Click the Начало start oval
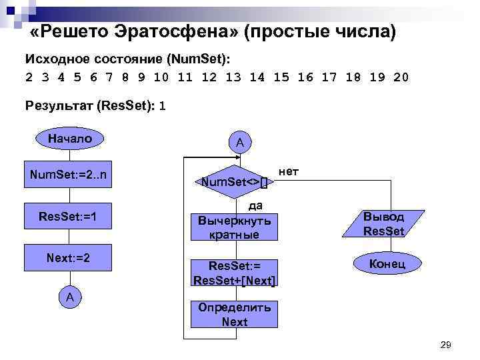[x=69, y=139]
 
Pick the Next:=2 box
[x=69, y=257]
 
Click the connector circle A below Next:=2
[x=69, y=297]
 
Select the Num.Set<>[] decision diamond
[x=233, y=181]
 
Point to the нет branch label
[x=289, y=172]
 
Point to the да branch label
[x=255, y=205]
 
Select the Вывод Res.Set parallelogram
[x=383, y=224]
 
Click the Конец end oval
[x=387, y=264]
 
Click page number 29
[x=446, y=344]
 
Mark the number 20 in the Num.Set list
[x=401, y=77]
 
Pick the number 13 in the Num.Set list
[x=233, y=77]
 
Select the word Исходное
[x=55, y=59]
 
